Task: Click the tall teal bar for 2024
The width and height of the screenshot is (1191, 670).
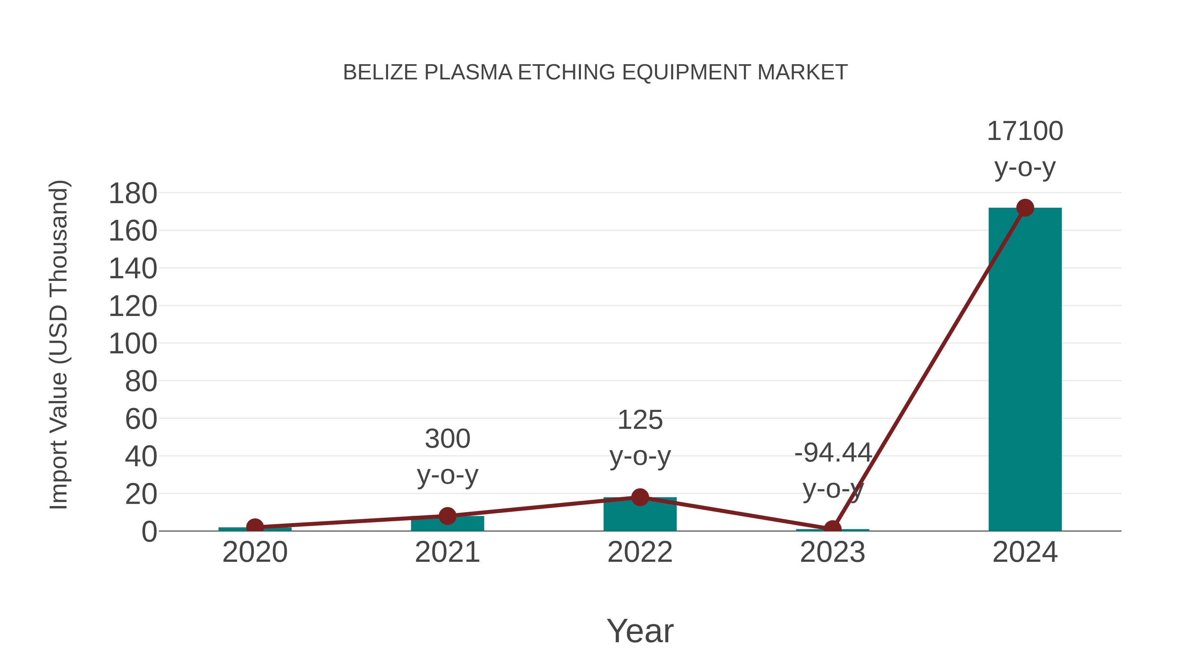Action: coord(1025,370)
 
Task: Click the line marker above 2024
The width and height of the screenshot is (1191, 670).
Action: coord(1025,208)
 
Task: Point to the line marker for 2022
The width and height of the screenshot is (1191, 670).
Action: coord(640,498)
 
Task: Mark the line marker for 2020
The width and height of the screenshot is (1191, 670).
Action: coord(255,527)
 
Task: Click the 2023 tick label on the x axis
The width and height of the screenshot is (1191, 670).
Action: coord(832,553)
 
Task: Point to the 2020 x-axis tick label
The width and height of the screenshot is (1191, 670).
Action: coord(255,553)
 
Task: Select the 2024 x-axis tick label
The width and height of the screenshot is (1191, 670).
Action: coord(1025,553)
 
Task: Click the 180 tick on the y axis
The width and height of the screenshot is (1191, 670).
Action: coord(133,194)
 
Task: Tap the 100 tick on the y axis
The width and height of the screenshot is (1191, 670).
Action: coord(133,344)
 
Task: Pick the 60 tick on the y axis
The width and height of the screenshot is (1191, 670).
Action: coord(141,420)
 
